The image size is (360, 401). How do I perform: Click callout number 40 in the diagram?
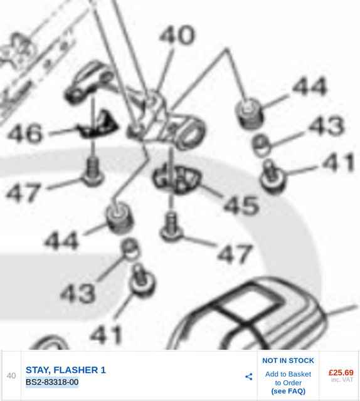[177, 35]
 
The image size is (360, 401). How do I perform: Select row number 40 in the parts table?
[11, 375]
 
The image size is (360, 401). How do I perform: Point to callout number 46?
[24, 133]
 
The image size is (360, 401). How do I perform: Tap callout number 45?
[241, 206]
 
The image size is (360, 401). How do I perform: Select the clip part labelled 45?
[177, 179]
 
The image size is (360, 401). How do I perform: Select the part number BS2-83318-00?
[52, 382]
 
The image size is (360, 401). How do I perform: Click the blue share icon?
[248, 377]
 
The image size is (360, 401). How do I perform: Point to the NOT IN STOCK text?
[288, 361]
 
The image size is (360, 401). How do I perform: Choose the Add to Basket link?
[288, 374]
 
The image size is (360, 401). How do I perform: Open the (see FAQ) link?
[288, 391]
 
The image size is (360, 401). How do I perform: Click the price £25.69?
[341, 372]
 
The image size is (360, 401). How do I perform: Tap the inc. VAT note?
[342, 380]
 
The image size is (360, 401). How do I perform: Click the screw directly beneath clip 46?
[93, 171]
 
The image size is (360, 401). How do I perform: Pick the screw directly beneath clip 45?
[171, 228]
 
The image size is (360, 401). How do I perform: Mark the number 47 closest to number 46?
[24, 192]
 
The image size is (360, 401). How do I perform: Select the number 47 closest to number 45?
[235, 253]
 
